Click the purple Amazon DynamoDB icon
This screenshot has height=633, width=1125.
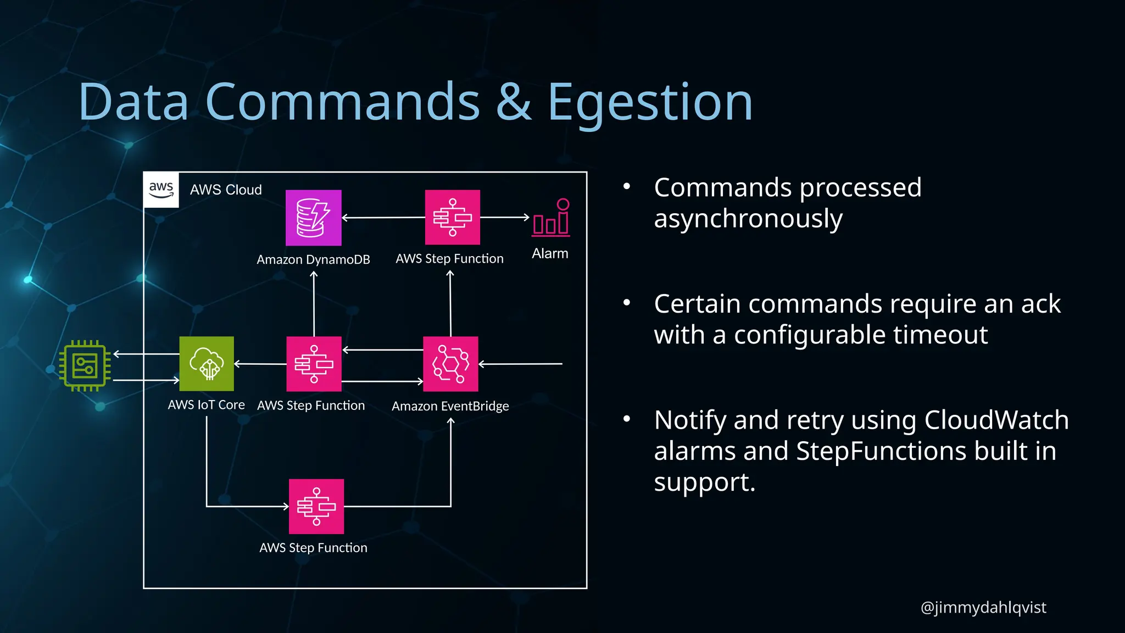[313, 218]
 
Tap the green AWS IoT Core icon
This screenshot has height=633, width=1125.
[207, 364]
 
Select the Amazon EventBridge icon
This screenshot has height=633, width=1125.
[450, 364]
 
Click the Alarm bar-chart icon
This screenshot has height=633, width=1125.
[550, 218]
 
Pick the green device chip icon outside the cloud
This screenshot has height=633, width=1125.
[85, 366]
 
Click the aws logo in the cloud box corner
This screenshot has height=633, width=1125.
[161, 190]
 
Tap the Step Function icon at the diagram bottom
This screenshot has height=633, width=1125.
[316, 506]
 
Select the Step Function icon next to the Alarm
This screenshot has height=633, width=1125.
[452, 218]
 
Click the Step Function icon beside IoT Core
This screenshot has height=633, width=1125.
[314, 364]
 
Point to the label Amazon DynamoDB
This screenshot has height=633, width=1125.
[313, 259]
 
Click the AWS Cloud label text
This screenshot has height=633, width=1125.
[226, 190]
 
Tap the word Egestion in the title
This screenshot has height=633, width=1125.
[649, 102]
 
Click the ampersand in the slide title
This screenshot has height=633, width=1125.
[514, 102]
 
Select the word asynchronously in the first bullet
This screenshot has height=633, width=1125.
[748, 219]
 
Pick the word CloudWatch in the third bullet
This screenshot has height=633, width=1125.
[996, 420]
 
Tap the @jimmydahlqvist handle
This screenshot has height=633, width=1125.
[983, 607]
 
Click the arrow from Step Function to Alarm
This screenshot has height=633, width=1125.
[504, 217]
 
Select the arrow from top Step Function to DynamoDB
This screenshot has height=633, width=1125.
[383, 218]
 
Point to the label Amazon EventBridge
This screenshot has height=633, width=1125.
[450, 406]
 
